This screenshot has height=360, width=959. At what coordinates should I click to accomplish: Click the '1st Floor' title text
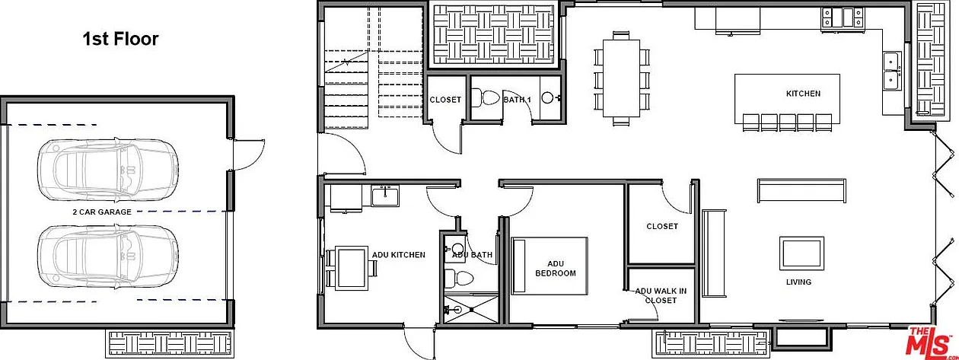[120, 39]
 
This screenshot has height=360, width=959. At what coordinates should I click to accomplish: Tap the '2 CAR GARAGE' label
[102, 212]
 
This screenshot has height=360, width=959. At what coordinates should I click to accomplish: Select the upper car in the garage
[108, 170]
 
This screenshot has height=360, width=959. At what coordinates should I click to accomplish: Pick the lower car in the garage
[108, 256]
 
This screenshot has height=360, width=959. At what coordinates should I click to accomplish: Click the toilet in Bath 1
[486, 98]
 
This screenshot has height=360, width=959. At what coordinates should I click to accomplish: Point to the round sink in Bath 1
[547, 98]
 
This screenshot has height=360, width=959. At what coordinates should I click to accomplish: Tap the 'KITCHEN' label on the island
[803, 94]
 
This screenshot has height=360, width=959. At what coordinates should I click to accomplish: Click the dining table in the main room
[621, 78]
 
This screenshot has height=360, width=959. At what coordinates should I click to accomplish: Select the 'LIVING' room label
[798, 282]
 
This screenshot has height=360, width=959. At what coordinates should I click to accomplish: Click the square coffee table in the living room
[801, 253]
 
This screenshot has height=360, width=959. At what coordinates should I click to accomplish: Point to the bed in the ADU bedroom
[550, 266]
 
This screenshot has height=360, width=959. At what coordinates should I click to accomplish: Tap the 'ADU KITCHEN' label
[399, 255]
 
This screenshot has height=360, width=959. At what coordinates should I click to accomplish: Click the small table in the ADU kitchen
[351, 268]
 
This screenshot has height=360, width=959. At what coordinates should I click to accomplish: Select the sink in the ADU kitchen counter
[385, 196]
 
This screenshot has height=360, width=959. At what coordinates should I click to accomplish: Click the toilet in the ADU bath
[458, 279]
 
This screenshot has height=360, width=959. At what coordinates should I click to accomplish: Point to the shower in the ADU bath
[471, 308]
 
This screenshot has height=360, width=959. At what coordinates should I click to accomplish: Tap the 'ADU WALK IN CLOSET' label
[661, 296]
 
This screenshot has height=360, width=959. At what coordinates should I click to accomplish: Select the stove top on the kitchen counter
[842, 18]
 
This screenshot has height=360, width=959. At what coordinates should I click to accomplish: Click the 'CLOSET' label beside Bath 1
[445, 100]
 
